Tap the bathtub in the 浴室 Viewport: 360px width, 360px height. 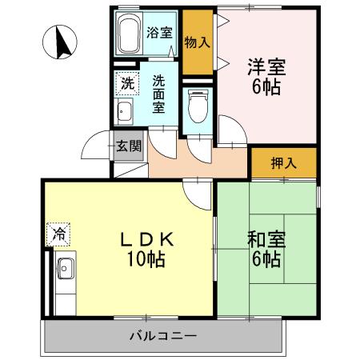[x=129, y=34]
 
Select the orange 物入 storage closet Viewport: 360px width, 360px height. [x=197, y=42]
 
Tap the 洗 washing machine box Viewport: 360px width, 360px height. [x=127, y=81]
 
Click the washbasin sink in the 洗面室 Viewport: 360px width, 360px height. [x=124, y=111]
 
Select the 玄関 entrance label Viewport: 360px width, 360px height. [x=128, y=146]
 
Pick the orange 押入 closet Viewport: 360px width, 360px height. [x=283, y=162]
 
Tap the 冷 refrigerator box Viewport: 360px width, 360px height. [x=58, y=234]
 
